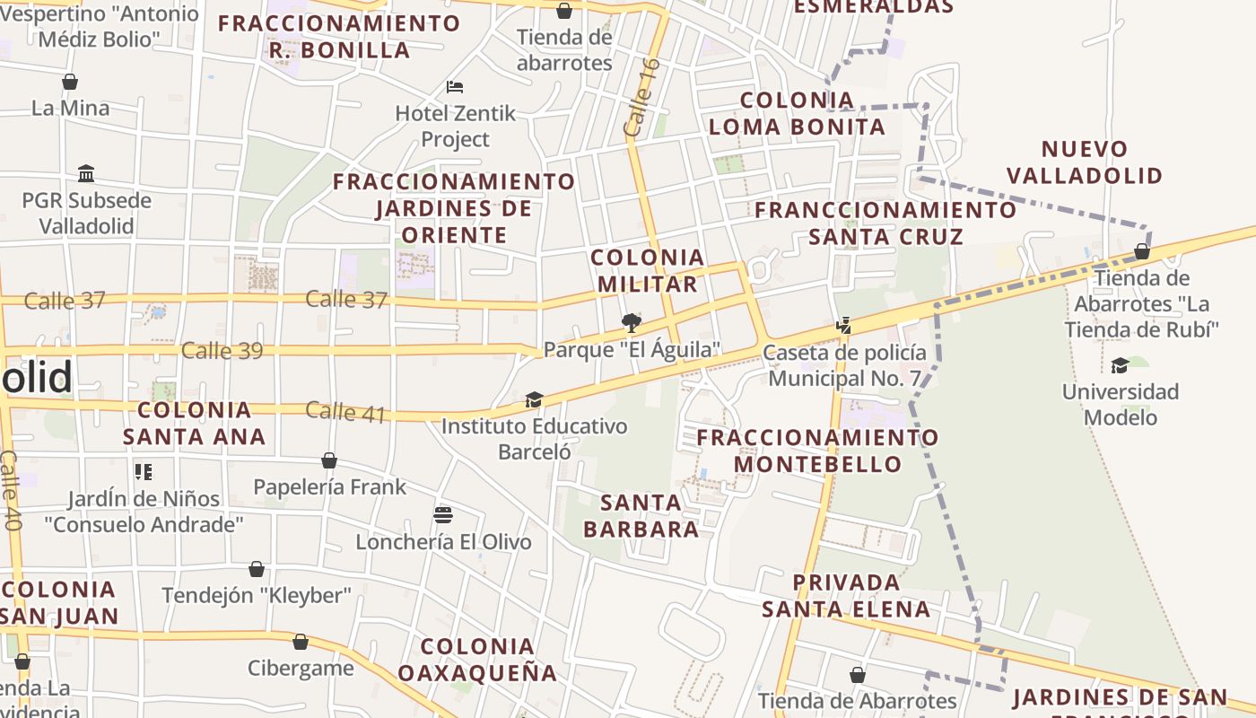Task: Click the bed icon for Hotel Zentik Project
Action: pyautogui.click(x=455, y=87)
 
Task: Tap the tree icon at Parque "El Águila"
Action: pyautogui.click(x=632, y=322)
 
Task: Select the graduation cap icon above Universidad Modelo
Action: pyautogui.click(x=1120, y=365)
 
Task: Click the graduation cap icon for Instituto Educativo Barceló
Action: pyautogui.click(x=535, y=399)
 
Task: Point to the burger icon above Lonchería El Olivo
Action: pyautogui.click(x=443, y=515)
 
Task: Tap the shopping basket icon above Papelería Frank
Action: pyautogui.click(x=329, y=460)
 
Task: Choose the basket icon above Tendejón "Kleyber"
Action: pyautogui.click(x=257, y=569)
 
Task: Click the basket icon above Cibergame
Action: pyautogui.click(x=301, y=642)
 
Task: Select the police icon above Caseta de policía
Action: pyautogui.click(x=843, y=326)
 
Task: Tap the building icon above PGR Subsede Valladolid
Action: pyautogui.click(x=86, y=173)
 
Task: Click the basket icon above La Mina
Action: pyautogui.click(x=70, y=82)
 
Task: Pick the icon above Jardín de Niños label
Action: pyautogui.click(x=144, y=471)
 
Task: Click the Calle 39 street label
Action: pyautogui.click(x=222, y=350)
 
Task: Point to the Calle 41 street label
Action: pyautogui.click(x=346, y=412)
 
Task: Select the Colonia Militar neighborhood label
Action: pyautogui.click(x=648, y=271)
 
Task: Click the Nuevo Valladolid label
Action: pyautogui.click(x=1085, y=162)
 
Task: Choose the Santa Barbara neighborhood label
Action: pyautogui.click(x=641, y=515)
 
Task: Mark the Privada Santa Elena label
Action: pyautogui.click(x=846, y=596)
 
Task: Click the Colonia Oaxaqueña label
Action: pyautogui.click(x=477, y=660)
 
